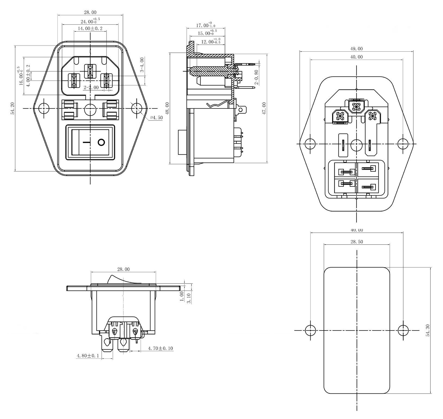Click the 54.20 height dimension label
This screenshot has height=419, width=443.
click(x=12, y=109)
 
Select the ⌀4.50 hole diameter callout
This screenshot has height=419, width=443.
click(x=156, y=118)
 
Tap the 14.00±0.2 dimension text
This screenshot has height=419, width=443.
click(x=90, y=29)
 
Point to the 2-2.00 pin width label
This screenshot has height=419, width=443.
click(x=91, y=88)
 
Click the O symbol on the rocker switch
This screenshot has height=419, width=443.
click(x=101, y=142)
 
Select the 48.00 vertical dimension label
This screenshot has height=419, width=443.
click(x=167, y=108)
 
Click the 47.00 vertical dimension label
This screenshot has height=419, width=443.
click(x=264, y=108)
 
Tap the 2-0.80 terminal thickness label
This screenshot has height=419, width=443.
click(x=256, y=76)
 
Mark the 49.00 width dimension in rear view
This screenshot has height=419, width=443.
click(x=356, y=49)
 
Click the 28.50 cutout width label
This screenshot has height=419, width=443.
click(x=357, y=242)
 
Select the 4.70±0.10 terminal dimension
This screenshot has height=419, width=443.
click(x=160, y=348)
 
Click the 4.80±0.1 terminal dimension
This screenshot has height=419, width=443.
click(x=88, y=356)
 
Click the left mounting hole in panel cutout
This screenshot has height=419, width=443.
click(x=310, y=330)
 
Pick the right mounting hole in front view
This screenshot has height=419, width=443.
click(x=136, y=108)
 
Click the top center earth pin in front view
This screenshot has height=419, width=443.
click(x=90, y=71)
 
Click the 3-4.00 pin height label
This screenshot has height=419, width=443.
click(x=142, y=65)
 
